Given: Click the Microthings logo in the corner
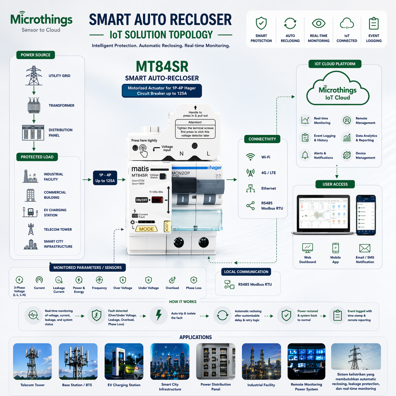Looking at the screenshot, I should click(41, 22).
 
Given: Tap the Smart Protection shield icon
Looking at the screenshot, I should click(261, 23).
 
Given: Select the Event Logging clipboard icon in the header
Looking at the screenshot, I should click(374, 23).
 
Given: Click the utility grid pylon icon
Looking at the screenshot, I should click(34, 75).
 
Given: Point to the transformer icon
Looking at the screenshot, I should click(34, 105).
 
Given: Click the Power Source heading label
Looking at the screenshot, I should click(36, 55).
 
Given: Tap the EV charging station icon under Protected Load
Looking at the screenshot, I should click(30, 212).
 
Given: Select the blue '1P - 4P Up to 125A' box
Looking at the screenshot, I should click(105, 178).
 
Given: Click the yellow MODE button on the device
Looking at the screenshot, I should click(147, 229).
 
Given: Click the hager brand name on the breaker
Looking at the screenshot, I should click(215, 168).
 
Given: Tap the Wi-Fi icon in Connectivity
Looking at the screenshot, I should click(250, 157).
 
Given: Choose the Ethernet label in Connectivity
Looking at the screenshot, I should click(268, 189).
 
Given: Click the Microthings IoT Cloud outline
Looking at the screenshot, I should click(338, 89).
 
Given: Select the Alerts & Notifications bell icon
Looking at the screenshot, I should click(305, 155).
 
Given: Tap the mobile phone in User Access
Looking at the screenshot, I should click(366, 215).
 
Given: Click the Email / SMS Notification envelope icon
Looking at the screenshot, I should click(365, 248).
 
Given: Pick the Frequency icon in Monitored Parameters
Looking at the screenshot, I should click(99, 280).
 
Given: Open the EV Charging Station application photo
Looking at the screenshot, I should click(124, 362).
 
